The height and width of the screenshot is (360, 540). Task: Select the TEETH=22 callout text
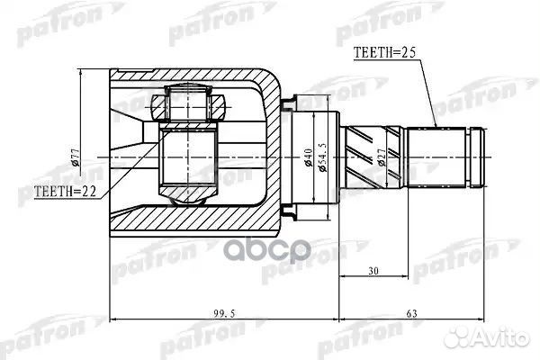tap(63, 192)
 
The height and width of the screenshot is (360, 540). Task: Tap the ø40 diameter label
tap(309, 160)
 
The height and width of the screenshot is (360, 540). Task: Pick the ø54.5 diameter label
tap(324, 160)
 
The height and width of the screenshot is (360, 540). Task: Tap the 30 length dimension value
tap(372, 271)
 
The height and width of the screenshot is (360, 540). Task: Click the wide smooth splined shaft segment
tap(436, 158)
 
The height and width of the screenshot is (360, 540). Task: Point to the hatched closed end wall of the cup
tap(270, 157)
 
